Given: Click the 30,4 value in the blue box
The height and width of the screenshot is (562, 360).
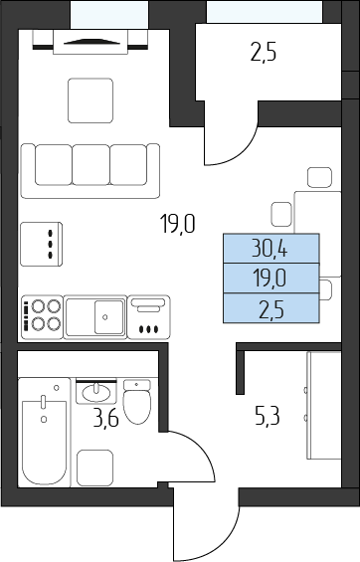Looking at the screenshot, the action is [270, 249].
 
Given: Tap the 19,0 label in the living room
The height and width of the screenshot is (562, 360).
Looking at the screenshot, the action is [178, 224].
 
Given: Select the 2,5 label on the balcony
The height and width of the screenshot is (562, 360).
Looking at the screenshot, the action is [264, 54].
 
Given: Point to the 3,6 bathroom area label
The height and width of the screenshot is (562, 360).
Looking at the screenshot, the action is [105, 418].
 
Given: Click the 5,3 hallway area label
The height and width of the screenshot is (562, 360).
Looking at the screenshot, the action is [268, 417].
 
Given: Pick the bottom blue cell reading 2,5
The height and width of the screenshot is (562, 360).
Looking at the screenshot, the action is [271, 308].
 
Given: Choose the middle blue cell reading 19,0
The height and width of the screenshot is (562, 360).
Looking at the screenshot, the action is [271, 279].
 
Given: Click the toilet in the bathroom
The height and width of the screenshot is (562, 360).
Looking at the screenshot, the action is [137, 402].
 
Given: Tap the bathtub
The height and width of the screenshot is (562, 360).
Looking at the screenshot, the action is [45, 433].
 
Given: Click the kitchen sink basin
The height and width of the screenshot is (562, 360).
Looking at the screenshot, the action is [109, 317].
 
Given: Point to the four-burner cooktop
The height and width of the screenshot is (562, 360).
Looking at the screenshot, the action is [43, 317].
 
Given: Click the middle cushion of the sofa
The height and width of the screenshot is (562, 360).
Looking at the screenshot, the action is [90, 165].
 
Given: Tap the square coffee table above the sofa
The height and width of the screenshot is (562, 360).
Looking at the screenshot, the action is [90, 100].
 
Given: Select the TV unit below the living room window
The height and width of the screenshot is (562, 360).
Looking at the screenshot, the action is [90, 42].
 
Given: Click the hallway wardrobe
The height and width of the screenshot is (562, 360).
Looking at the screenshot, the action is [324, 406].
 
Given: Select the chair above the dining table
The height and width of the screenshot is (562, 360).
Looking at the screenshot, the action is [319, 177].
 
